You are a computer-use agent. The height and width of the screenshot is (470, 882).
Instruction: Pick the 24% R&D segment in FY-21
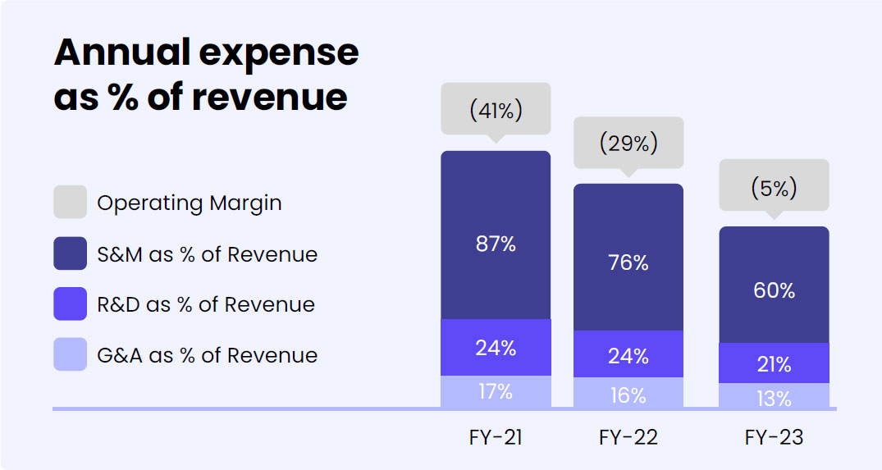[x=496, y=348]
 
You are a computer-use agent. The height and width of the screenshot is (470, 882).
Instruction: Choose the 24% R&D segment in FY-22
[x=628, y=354]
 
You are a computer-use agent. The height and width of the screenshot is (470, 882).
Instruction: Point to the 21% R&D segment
[x=774, y=363]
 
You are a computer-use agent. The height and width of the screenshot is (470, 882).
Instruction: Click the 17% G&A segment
[x=496, y=392]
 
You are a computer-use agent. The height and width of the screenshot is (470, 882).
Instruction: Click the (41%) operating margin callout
[x=496, y=109]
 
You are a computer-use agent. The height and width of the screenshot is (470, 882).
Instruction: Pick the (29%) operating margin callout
[x=628, y=143]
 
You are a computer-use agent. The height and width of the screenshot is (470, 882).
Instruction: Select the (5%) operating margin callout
[x=774, y=186]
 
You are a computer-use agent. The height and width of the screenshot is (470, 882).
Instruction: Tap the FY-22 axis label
[x=628, y=437]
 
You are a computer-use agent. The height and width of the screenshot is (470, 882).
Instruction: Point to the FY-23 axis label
[x=774, y=437]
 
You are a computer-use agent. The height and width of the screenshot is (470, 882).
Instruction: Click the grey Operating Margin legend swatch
[x=70, y=203]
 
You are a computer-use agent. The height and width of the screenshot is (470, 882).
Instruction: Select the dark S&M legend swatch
[x=70, y=253]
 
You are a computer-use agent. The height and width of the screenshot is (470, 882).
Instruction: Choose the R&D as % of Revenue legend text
[x=205, y=304]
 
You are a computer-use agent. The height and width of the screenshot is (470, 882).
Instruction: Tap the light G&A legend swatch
[x=70, y=355]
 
